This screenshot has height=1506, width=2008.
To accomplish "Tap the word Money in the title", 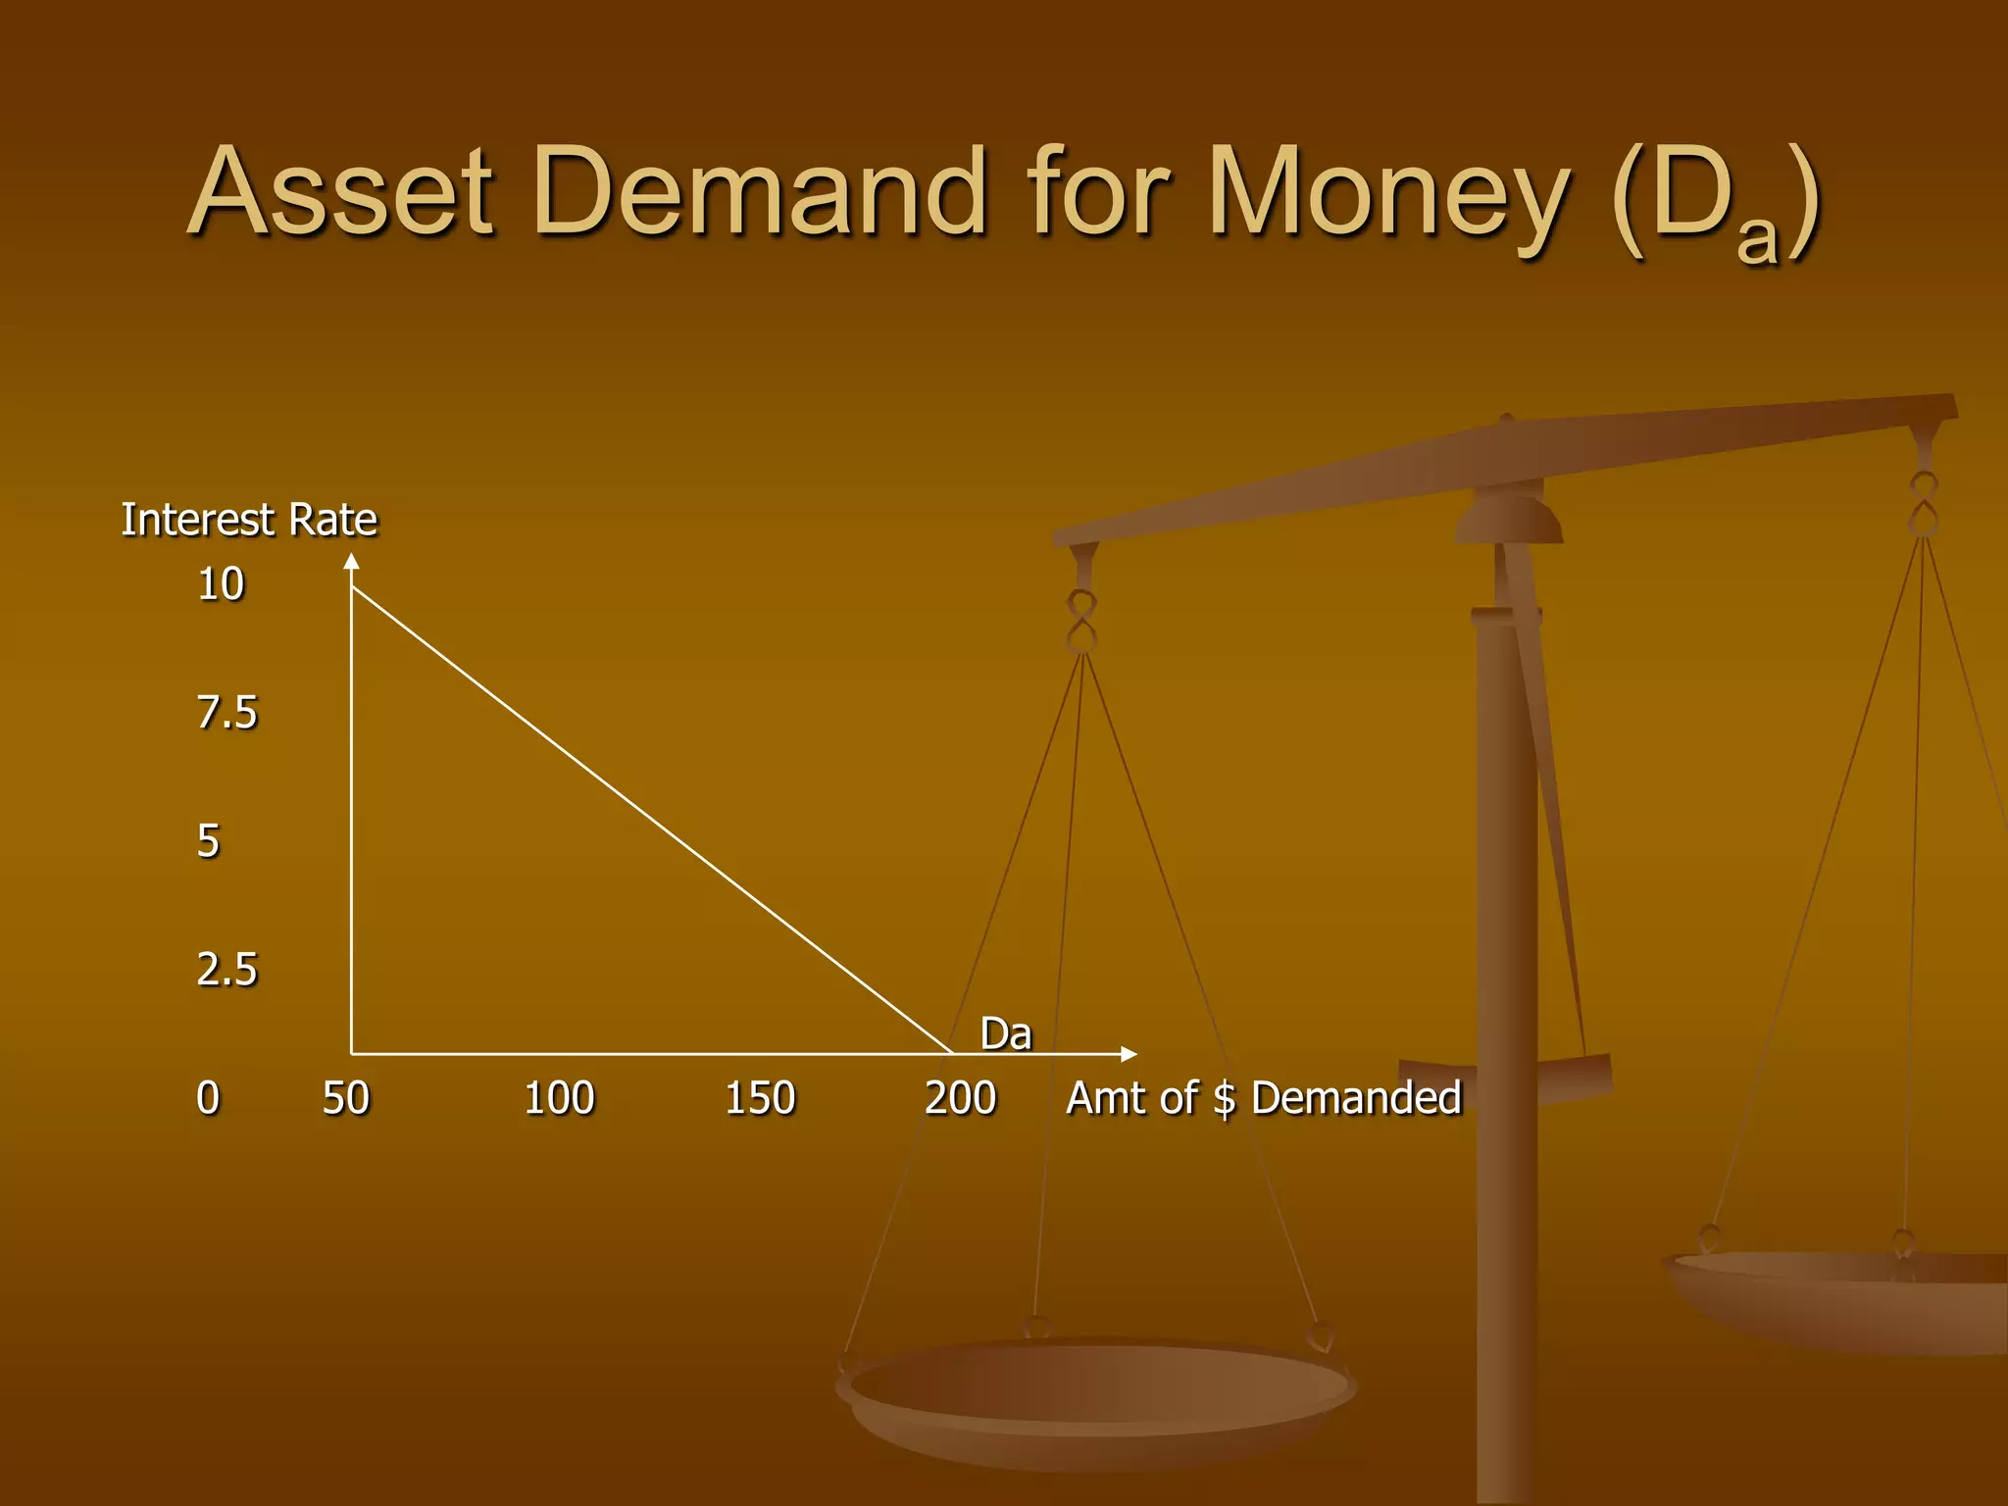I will pyautogui.click(x=1389, y=193).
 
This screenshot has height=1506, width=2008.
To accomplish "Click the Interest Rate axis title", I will pyautogui.click(x=249, y=520).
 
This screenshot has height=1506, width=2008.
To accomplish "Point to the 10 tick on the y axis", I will pyautogui.click(x=221, y=584).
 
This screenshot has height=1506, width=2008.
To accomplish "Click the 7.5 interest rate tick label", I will pyautogui.click(x=226, y=713).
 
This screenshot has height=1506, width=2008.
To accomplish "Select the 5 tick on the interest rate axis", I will pyautogui.click(x=209, y=841).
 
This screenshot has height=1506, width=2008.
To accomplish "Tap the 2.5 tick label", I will pyautogui.click(x=226, y=970).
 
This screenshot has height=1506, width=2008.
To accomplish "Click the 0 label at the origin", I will pyautogui.click(x=208, y=1098).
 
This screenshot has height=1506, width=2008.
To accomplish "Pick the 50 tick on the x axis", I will pyautogui.click(x=346, y=1098).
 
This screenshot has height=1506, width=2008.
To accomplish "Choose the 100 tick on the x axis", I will pyautogui.click(x=559, y=1098).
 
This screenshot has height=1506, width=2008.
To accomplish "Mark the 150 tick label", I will pyautogui.click(x=760, y=1098).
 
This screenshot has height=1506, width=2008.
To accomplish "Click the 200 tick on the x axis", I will pyautogui.click(x=960, y=1098).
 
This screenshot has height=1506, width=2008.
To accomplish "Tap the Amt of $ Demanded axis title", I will pyautogui.click(x=1264, y=1098).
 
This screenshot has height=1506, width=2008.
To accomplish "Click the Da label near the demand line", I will pyautogui.click(x=1006, y=1034).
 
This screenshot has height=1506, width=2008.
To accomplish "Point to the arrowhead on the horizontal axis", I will pyautogui.click(x=1129, y=1054).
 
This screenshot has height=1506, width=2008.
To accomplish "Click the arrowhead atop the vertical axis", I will pyautogui.click(x=352, y=562).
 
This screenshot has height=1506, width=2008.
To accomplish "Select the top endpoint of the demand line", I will pyautogui.click(x=353, y=587).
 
